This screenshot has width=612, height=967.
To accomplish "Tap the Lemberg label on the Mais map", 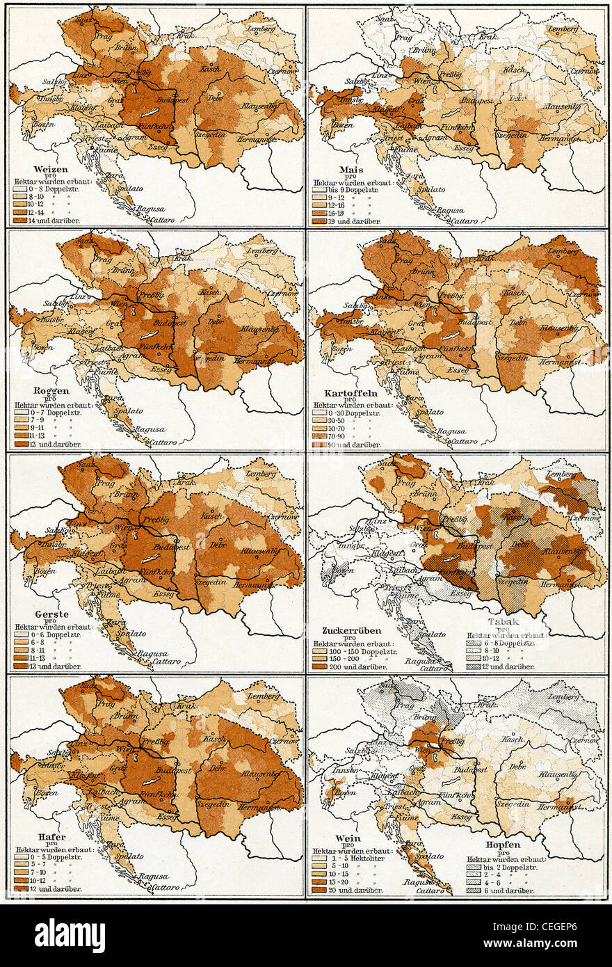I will (x=563, y=29).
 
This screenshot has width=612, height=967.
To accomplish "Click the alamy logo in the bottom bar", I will (x=70, y=936).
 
